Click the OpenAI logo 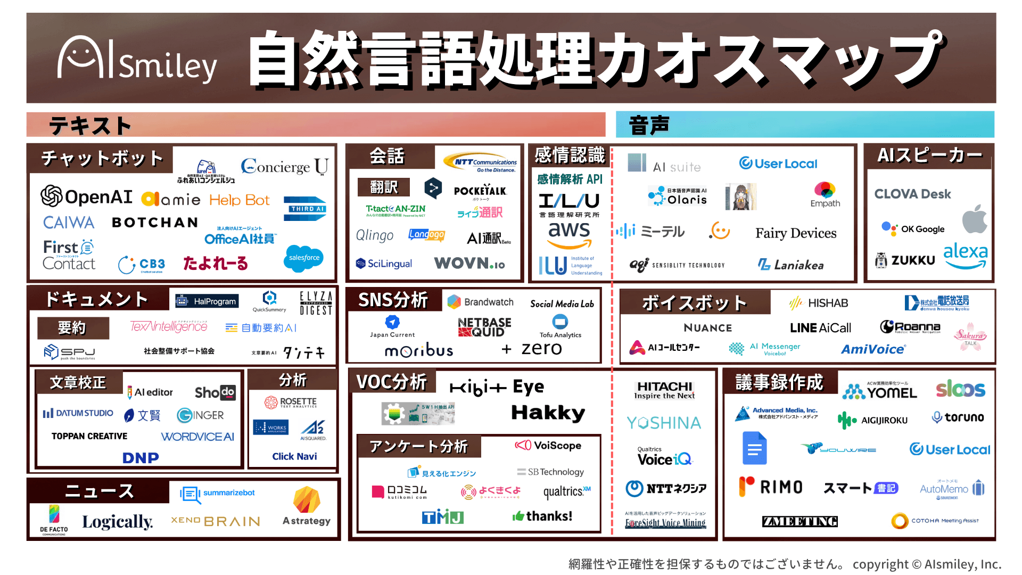(87, 196)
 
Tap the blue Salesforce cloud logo (304, 258)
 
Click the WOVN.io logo (469, 263)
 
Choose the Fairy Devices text (795, 233)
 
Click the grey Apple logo (974, 219)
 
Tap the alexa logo (965, 255)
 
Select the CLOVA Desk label (912, 194)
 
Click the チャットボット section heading (102, 158)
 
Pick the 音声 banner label (649, 125)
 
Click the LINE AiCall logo (820, 327)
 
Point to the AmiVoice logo (873, 349)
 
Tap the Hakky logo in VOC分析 (548, 413)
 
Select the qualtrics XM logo (566, 491)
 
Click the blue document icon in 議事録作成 (754, 448)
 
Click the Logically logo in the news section (117, 521)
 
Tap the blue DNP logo (141, 457)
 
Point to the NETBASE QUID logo (484, 327)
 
